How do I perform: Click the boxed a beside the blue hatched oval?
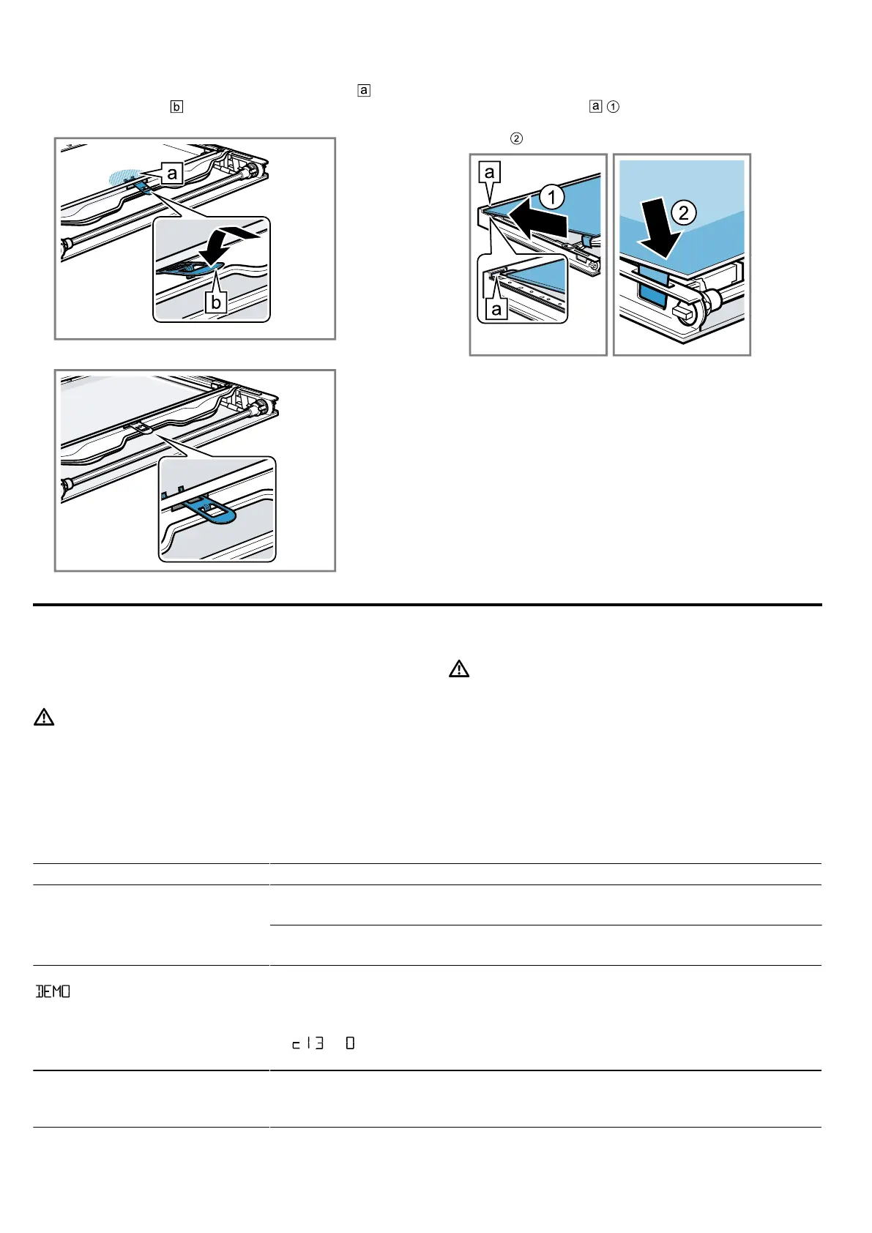[x=172, y=173]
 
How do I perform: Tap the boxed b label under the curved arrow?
[x=215, y=302]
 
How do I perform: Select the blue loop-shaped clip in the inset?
[x=213, y=509]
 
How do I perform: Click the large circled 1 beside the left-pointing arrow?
[x=552, y=197]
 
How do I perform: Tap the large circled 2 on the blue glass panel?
[x=684, y=213]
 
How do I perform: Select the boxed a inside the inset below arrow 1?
[x=497, y=309]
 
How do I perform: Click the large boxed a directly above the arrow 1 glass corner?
[x=490, y=173]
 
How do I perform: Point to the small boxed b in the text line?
[x=176, y=107]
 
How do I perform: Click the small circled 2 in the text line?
[x=516, y=138]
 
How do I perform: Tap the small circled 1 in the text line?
[x=614, y=107]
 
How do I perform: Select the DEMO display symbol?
[x=53, y=991]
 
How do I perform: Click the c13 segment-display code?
[x=308, y=1043]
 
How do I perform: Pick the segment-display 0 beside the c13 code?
[x=350, y=1043]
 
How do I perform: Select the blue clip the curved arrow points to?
[x=183, y=269]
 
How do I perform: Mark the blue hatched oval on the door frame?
[x=126, y=177]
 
